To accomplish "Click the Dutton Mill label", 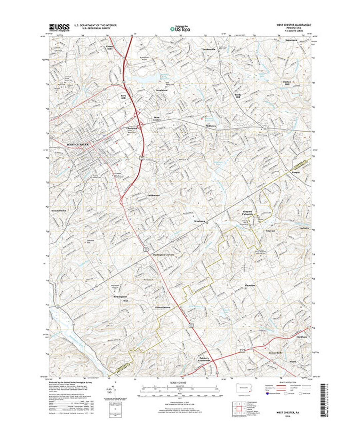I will [287, 83].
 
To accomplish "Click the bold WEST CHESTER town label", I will [78, 144].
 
